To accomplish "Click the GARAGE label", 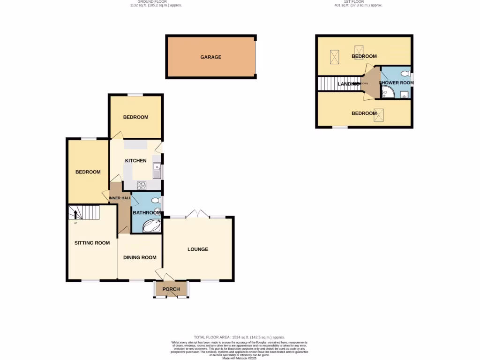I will click(x=210, y=57).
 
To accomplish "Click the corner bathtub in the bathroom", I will click(x=151, y=226).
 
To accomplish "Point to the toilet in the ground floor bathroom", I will click(x=157, y=201).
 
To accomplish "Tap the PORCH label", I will click(x=171, y=289).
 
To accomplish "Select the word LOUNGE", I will click(x=198, y=249).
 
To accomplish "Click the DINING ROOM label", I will click(x=140, y=257).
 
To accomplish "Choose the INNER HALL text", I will click(x=120, y=198).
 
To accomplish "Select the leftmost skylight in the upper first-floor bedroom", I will click(x=334, y=57).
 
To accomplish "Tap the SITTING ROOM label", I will click(x=92, y=243).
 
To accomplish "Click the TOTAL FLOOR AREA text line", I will click(x=239, y=337).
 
